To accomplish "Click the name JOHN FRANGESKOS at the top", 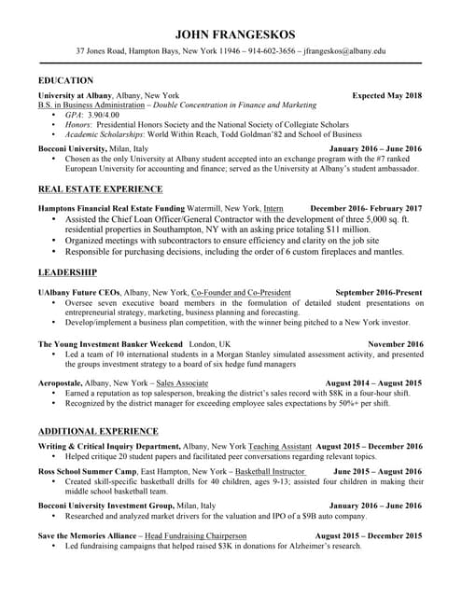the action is (230, 35).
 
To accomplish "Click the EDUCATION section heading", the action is (65, 81).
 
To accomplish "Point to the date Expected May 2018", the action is (386, 95).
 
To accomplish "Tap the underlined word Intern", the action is (273, 207).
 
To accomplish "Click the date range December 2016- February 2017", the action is (366, 207).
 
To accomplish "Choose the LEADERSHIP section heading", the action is (67, 272).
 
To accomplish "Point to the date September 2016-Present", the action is (378, 292).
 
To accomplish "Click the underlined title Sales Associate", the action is (182, 382).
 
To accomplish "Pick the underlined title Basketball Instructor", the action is (270, 472).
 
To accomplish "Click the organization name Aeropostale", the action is (65, 382).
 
